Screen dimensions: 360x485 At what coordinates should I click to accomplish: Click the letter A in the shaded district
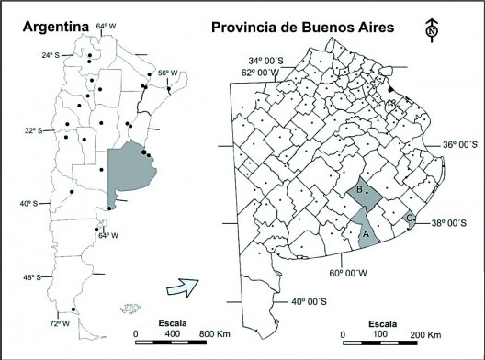coord(367,233)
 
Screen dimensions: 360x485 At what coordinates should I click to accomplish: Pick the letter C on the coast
coord(408,217)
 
